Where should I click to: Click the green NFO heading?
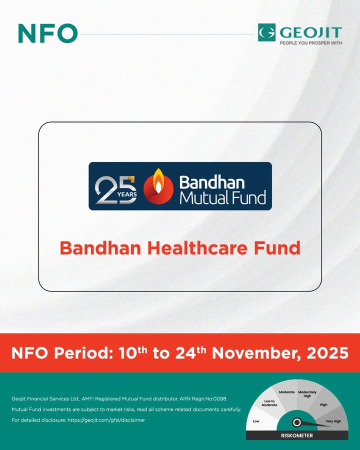click(x=47, y=33)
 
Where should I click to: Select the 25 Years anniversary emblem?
click(x=115, y=189)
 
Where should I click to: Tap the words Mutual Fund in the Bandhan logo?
click(x=222, y=197)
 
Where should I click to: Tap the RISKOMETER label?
click(x=296, y=435)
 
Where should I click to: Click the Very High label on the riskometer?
click(x=333, y=421)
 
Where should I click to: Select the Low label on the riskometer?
click(x=256, y=421)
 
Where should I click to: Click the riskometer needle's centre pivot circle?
click(x=296, y=422)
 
